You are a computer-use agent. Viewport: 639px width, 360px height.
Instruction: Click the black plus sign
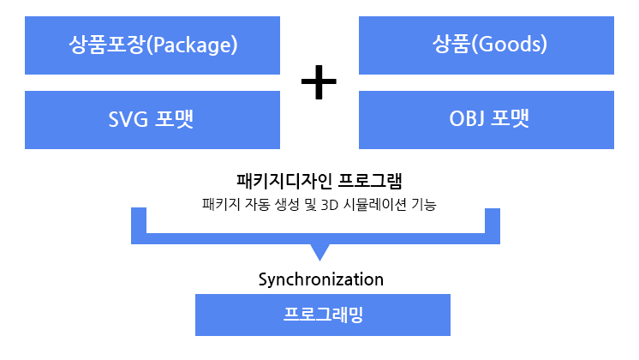pos(319,82)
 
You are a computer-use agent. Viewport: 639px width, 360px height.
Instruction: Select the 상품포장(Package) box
pos(152,45)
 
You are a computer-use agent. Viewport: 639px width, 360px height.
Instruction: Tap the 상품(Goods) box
pos(487,45)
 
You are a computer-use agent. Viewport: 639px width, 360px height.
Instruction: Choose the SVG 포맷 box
pos(152,120)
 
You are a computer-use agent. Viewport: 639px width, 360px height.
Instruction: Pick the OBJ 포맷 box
pos(487,120)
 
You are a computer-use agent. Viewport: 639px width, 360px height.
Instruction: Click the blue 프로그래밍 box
pos(323,315)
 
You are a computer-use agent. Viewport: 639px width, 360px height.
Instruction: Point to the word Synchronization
pos(321,279)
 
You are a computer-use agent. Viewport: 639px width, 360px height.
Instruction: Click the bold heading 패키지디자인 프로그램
pos(319,181)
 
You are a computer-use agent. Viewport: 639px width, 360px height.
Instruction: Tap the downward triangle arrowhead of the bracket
pos(319,252)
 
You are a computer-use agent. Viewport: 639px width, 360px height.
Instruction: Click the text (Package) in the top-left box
pos(192,45)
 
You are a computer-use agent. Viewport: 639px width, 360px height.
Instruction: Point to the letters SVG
pos(128,119)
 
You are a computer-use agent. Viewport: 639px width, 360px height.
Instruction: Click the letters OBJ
pos(467,119)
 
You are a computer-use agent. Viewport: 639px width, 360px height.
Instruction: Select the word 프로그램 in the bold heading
pos(370,181)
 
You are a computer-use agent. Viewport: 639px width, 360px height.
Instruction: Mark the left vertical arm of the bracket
pos(139,225)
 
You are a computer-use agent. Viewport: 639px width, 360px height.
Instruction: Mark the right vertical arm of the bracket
pos(493,226)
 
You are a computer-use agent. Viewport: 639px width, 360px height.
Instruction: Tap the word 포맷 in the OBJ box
pos(510,118)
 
